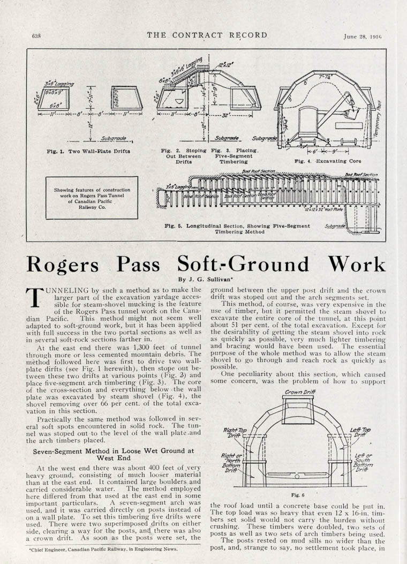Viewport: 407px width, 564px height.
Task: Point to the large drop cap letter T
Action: [34, 297]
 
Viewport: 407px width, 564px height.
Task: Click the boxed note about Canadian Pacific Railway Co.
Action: [92, 198]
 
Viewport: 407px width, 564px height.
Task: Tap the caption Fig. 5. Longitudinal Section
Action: [237, 229]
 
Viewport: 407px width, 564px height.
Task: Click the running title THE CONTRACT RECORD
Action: [207, 36]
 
